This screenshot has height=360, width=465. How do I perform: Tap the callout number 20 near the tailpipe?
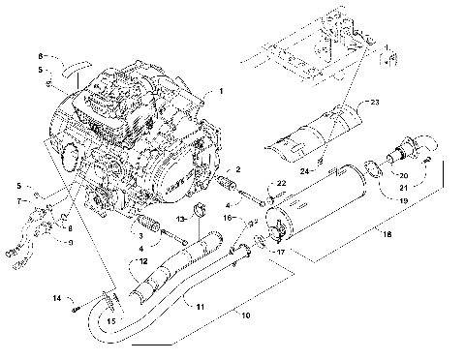pyautogui.click(x=405, y=174)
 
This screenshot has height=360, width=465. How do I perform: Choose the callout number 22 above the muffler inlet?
pyautogui.click(x=281, y=182)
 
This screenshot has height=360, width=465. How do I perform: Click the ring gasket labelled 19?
pyautogui.click(x=370, y=175)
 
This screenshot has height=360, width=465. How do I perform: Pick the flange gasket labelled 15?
pyautogui.click(x=109, y=298)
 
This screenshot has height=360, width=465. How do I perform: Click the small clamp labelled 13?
pyautogui.click(x=202, y=212)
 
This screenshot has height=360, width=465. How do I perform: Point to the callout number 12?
pyautogui.click(x=142, y=260)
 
